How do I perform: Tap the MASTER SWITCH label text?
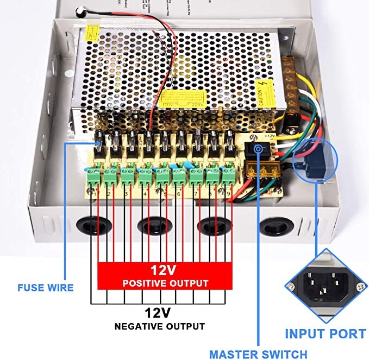[x=258, y=354]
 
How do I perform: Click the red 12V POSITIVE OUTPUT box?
[x=165, y=275]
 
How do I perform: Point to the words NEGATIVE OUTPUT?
[x=159, y=326]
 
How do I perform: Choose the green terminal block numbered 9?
[x=228, y=175]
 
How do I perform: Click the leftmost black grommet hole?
[x=91, y=224]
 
